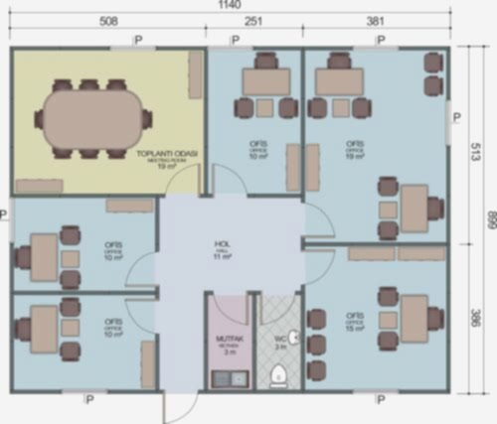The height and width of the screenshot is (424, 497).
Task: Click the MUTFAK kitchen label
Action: [229, 343]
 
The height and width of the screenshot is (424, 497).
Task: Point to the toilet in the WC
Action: [278, 375]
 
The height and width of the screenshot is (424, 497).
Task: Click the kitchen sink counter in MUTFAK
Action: [229, 378]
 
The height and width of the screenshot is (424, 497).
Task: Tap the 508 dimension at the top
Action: [109, 22]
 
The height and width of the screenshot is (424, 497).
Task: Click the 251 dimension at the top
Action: [253, 22]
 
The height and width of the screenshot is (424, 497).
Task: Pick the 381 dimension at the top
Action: [375, 22]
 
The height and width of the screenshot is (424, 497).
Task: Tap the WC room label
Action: [280, 343]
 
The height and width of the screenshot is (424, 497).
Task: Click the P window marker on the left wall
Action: [4, 212]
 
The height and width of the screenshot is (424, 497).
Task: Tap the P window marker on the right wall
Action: [456, 117]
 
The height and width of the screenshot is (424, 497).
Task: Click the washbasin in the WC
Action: [296, 335]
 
